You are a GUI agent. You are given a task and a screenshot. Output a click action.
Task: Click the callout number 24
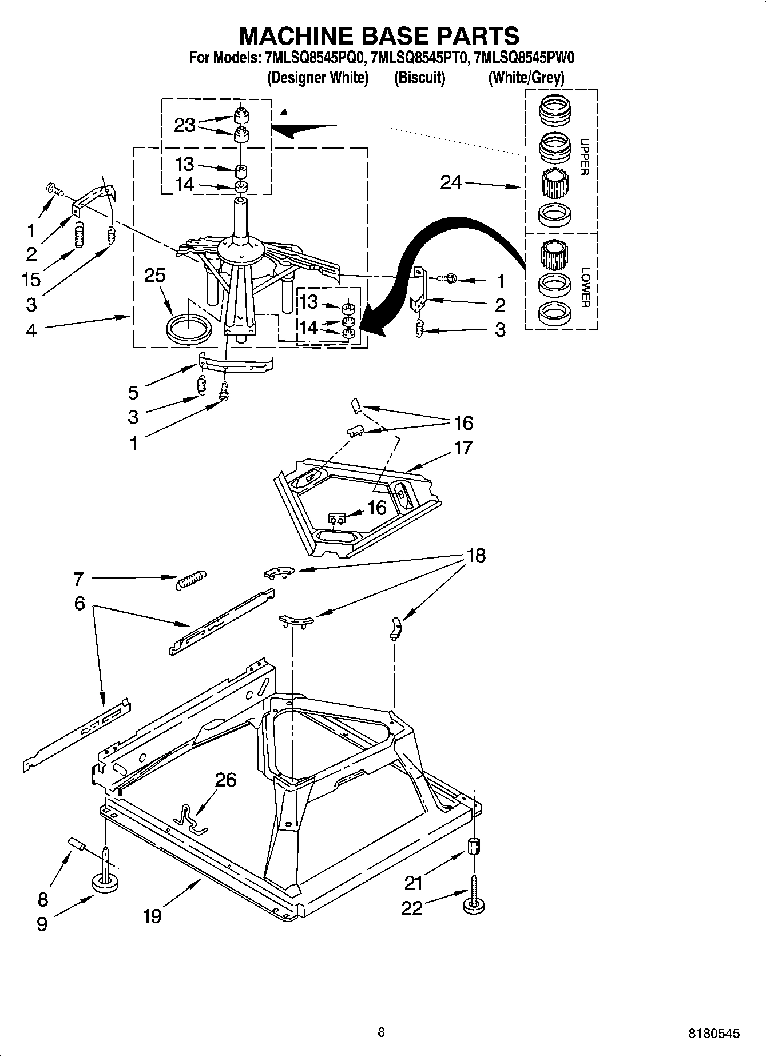point(451,182)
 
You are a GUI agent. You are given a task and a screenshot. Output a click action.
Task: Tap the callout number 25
point(154,276)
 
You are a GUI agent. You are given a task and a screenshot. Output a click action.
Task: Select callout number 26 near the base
point(225,779)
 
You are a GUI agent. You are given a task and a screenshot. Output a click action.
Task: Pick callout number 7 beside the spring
point(78,579)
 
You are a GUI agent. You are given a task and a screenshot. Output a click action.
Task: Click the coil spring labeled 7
point(191,580)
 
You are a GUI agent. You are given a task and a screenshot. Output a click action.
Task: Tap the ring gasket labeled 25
point(188,328)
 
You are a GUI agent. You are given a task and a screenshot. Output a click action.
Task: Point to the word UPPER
point(584,157)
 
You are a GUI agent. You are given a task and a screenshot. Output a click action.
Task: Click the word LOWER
point(584,288)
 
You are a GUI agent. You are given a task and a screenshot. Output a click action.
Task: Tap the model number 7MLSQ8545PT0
point(419,58)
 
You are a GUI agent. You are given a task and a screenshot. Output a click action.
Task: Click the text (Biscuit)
point(419,78)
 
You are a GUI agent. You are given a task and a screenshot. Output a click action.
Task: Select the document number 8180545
point(713,1033)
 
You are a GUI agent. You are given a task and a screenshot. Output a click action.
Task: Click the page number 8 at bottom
point(382,1032)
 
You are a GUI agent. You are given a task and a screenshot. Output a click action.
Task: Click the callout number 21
point(414,883)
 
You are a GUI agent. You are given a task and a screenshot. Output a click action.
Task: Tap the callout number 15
point(31,279)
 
